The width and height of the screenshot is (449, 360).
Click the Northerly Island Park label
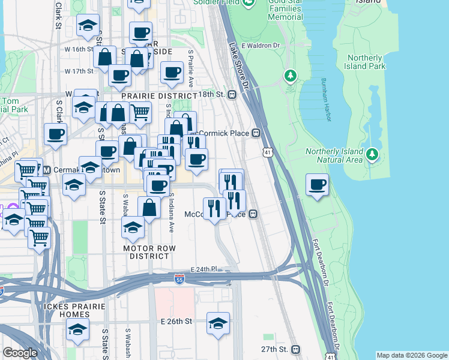coord(364,62)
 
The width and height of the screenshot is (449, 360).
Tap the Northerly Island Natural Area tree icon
coord(372,155)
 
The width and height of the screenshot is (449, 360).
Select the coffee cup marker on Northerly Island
coord(317,185)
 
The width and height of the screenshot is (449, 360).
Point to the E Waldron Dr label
coord(261,45)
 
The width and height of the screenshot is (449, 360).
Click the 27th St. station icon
coord(295,349)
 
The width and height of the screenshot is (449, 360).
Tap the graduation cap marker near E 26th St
coord(218,323)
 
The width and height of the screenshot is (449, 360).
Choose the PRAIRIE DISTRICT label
coord(158,96)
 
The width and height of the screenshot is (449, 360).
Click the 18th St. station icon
coord(231,95)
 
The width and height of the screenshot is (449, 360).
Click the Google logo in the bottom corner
coord(20,353)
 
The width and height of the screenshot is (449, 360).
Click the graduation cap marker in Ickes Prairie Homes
coord(77,329)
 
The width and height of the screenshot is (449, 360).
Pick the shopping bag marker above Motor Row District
coord(149,208)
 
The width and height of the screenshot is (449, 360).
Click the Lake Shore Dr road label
coord(236,56)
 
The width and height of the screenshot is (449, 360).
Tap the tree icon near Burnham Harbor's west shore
coord(291,76)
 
